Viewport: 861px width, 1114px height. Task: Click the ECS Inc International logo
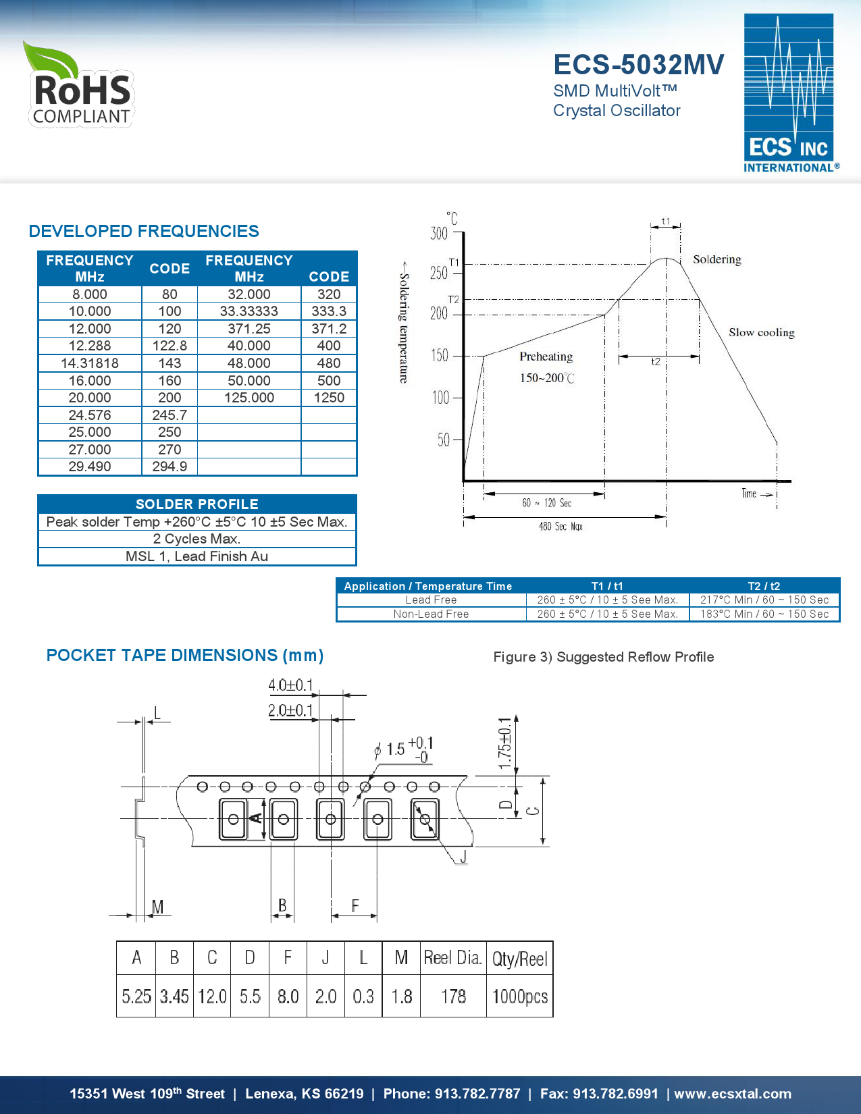click(x=790, y=93)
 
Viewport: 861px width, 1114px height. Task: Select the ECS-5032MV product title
click(x=638, y=65)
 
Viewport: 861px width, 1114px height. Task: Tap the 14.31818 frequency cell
click(x=90, y=363)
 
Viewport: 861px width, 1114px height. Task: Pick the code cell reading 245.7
click(x=169, y=415)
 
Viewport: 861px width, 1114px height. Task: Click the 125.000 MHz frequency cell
click(x=249, y=398)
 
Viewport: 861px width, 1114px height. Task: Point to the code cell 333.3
click(x=329, y=311)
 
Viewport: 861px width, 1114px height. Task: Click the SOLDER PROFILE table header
click(x=197, y=504)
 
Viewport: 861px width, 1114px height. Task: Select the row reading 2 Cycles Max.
click(x=197, y=539)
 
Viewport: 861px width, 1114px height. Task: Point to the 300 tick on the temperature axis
click(x=439, y=234)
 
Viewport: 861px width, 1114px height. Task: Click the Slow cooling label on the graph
click(x=761, y=332)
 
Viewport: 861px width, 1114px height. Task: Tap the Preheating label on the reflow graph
click(x=546, y=356)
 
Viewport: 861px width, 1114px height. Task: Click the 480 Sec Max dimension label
click(x=560, y=527)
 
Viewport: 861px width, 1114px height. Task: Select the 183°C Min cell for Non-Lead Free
click(x=764, y=614)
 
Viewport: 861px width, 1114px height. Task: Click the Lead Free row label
click(x=431, y=600)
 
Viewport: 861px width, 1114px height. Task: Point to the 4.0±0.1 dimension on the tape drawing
click(x=291, y=685)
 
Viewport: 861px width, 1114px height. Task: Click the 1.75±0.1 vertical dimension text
click(x=504, y=743)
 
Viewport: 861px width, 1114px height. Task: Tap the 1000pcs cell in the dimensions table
click(x=519, y=997)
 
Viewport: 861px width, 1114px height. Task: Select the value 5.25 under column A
click(x=136, y=997)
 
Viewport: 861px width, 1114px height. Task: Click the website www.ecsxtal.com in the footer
click(x=732, y=1094)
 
